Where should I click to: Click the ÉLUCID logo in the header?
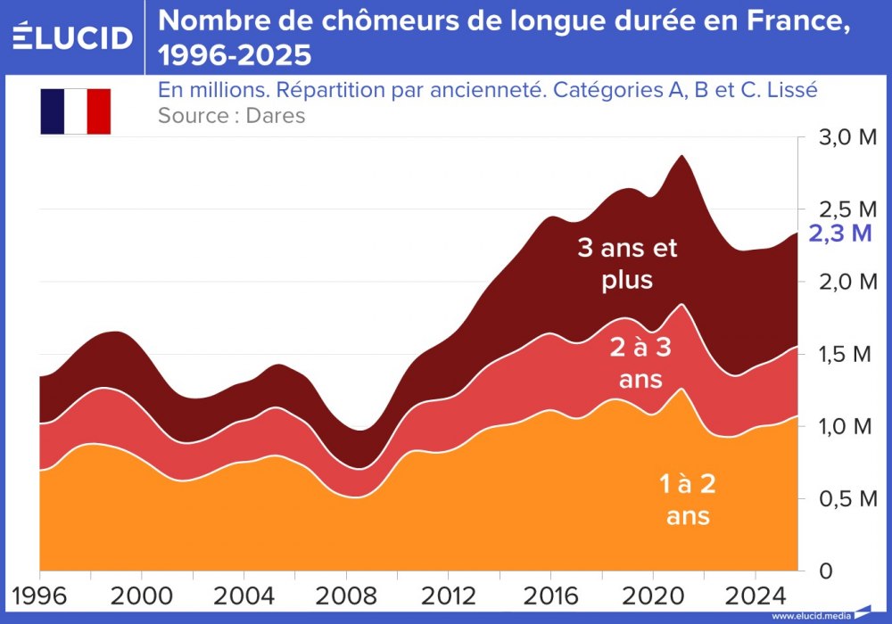pyautogui.click(x=73, y=37)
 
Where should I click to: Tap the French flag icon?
pyautogui.click(x=75, y=111)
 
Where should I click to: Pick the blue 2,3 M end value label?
pyautogui.click(x=839, y=234)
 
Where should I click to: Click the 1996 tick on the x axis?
pyautogui.click(x=39, y=595)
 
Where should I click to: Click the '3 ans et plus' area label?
pyautogui.click(x=627, y=264)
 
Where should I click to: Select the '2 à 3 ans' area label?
pyautogui.click(x=640, y=363)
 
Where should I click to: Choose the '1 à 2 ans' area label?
pyautogui.click(x=688, y=499)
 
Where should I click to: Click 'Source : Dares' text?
pyautogui.click(x=231, y=116)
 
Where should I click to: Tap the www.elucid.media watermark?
pyautogui.click(x=811, y=615)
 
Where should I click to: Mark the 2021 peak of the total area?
pyautogui.click(x=682, y=155)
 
